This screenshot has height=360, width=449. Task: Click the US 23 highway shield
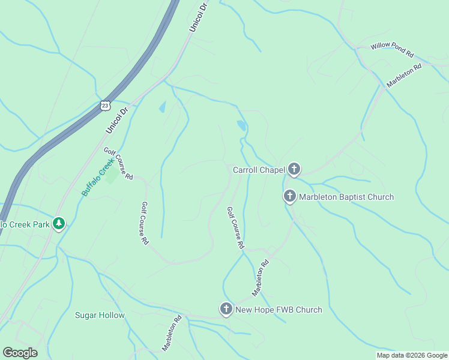pyautogui.click(x=106, y=105)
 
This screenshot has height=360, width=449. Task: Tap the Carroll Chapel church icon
pyautogui.click(x=294, y=170)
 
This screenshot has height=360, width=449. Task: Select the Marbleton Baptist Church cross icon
pyautogui.click(x=290, y=196)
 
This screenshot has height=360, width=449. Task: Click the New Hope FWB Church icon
pyautogui.click(x=226, y=310)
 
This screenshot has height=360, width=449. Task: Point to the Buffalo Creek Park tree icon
pyautogui.click(x=58, y=224)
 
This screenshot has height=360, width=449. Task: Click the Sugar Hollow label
pyautogui.click(x=100, y=315)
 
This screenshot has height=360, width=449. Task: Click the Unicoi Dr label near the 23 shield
pyautogui.click(x=118, y=120)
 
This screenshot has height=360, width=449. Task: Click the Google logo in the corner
pyautogui.click(x=20, y=353)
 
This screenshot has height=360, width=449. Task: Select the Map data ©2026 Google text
pyautogui.click(x=412, y=355)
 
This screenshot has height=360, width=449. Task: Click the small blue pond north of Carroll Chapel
pyautogui.click(x=241, y=126)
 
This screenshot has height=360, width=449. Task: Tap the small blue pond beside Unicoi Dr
pyautogui.click(x=162, y=107)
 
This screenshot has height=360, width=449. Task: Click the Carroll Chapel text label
pyautogui.click(x=258, y=170)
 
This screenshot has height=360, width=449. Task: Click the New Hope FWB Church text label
pyautogui.click(x=279, y=310)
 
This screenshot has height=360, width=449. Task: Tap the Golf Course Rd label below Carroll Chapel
pyautogui.click(x=235, y=228)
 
